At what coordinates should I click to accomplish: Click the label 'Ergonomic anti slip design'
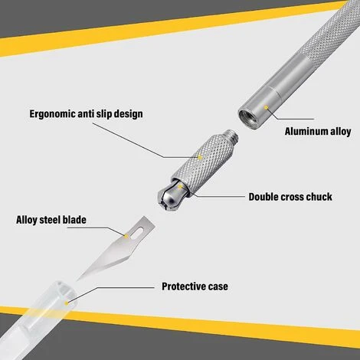(86, 113)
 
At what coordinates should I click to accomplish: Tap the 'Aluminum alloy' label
(318, 131)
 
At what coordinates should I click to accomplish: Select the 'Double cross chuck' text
(290, 197)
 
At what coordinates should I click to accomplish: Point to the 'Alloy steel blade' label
(51, 220)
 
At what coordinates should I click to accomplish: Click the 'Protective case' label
(195, 286)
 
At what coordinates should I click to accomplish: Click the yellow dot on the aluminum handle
(266, 107)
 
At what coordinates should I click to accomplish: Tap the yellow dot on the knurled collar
(201, 158)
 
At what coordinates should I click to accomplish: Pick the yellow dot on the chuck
(180, 187)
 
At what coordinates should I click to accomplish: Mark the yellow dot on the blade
(126, 236)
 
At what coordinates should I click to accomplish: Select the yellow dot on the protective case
(67, 303)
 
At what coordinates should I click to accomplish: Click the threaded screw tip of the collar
(231, 137)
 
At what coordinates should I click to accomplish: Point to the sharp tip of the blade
(77, 280)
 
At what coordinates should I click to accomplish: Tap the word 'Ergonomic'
(52, 114)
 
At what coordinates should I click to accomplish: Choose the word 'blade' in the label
(74, 220)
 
